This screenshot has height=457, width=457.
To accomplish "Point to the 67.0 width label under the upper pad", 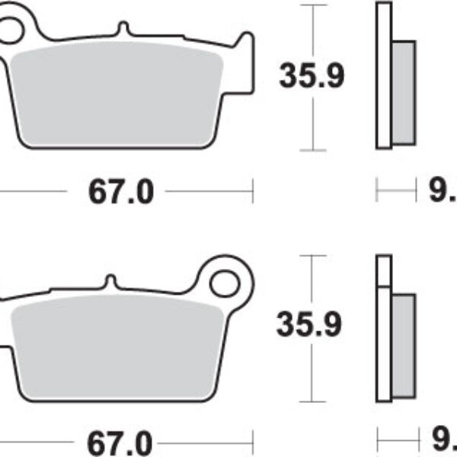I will point(121,193).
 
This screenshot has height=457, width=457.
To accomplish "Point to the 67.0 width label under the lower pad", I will point(121,442).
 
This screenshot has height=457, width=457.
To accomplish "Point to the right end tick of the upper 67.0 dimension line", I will point(251,192).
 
